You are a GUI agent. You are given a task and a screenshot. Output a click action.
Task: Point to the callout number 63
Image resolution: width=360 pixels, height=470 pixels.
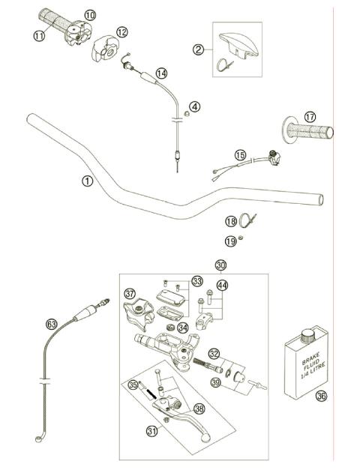52,325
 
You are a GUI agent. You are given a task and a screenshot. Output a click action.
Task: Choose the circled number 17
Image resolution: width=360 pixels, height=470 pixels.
310,118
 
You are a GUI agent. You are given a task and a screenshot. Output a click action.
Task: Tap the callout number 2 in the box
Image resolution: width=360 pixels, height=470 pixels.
199,50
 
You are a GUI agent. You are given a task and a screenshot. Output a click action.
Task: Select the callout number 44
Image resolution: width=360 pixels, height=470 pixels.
222,286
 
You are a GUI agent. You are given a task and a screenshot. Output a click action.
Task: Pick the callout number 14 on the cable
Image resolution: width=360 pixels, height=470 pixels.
161,73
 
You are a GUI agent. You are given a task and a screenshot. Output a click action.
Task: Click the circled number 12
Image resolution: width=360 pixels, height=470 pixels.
121,31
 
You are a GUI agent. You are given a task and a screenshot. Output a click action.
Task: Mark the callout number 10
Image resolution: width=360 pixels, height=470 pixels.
90,15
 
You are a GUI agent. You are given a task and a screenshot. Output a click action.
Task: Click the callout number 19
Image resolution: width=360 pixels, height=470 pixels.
231,241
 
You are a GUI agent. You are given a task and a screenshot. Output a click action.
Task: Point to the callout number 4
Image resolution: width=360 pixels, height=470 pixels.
195,107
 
